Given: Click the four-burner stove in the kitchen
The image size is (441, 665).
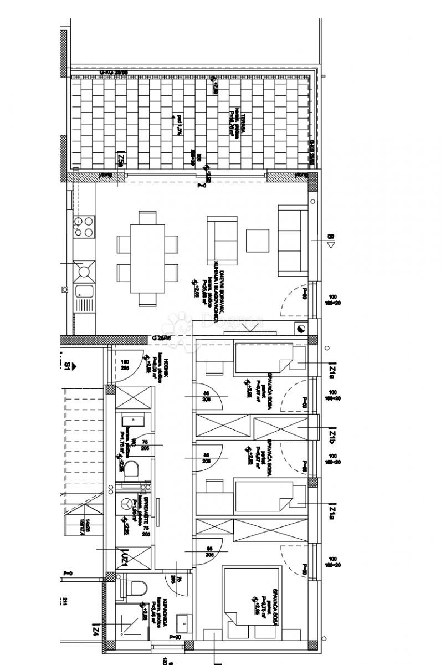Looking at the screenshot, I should (83, 226).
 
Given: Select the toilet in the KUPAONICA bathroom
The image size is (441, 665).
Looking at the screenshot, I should (133, 588).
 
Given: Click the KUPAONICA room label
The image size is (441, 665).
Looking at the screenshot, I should (165, 616).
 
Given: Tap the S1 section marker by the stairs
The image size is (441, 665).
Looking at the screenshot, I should (68, 365).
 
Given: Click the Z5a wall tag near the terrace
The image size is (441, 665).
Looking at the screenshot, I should (120, 161).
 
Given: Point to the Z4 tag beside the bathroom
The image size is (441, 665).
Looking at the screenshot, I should (96, 630).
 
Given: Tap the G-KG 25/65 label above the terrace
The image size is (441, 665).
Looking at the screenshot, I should (113, 73).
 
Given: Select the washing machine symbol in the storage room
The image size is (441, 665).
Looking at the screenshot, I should (127, 504).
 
